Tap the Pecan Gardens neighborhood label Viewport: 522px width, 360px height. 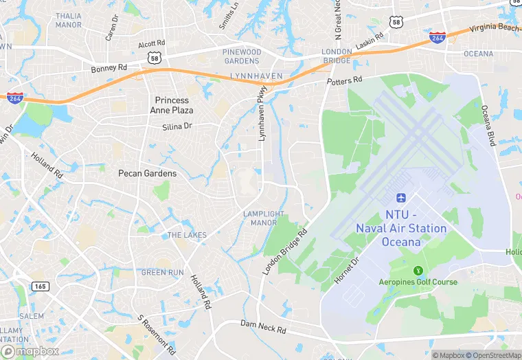tap(147, 173)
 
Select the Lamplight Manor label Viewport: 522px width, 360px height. tap(260, 218)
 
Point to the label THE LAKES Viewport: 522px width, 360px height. tap(187, 235)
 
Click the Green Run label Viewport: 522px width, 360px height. tap(162, 273)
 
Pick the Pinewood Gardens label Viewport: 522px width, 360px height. tap(242, 56)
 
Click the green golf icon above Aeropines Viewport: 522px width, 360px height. tap(418, 271)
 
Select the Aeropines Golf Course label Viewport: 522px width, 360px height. tap(418, 282)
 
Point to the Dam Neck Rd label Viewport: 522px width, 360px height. tap(263, 326)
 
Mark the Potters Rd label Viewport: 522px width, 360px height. tap(344, 82)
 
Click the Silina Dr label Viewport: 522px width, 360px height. tap(177, 126)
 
